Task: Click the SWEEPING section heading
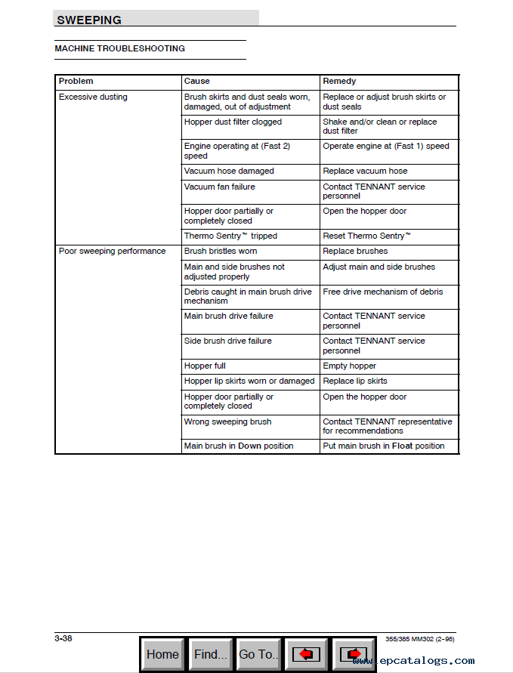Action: pos(89,20)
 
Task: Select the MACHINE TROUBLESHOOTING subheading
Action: pos(119,48)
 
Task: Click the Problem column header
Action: pos(76,81)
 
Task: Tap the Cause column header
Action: pos(197,81)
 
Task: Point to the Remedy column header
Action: pos(339,81)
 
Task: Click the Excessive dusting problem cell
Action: pos(93,97)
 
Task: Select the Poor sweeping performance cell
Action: pos(112,251)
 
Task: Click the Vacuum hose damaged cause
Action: pos(229,171)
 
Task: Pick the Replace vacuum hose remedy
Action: pos(365,171)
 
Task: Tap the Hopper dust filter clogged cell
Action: pos(233,122)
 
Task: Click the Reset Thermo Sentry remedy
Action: pos(366,236)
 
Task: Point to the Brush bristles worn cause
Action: pos(221,251)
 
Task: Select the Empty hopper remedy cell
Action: pos(349,366)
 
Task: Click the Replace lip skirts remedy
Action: pos(355,381)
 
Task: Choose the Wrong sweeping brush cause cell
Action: pos(227,421)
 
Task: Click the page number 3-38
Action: pos(63,638)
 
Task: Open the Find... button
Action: pos(210,654)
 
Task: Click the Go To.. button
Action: pos(258,654)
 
